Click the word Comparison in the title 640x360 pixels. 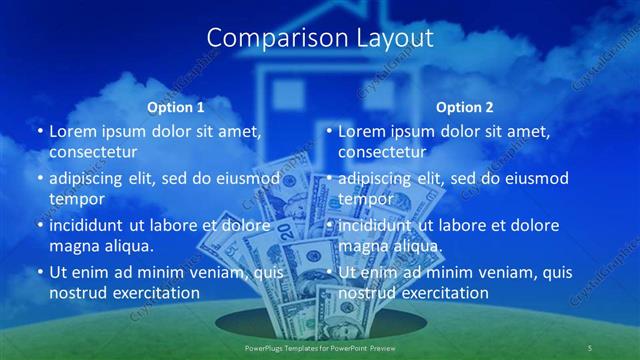[268, 38]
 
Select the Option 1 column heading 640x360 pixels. [175, 106]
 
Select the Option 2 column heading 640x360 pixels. [465, 106]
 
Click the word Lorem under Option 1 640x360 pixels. [72, 132]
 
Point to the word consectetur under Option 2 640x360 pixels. [382, 152]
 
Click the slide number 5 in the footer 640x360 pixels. [590, 347]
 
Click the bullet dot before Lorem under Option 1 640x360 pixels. [39, 132]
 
